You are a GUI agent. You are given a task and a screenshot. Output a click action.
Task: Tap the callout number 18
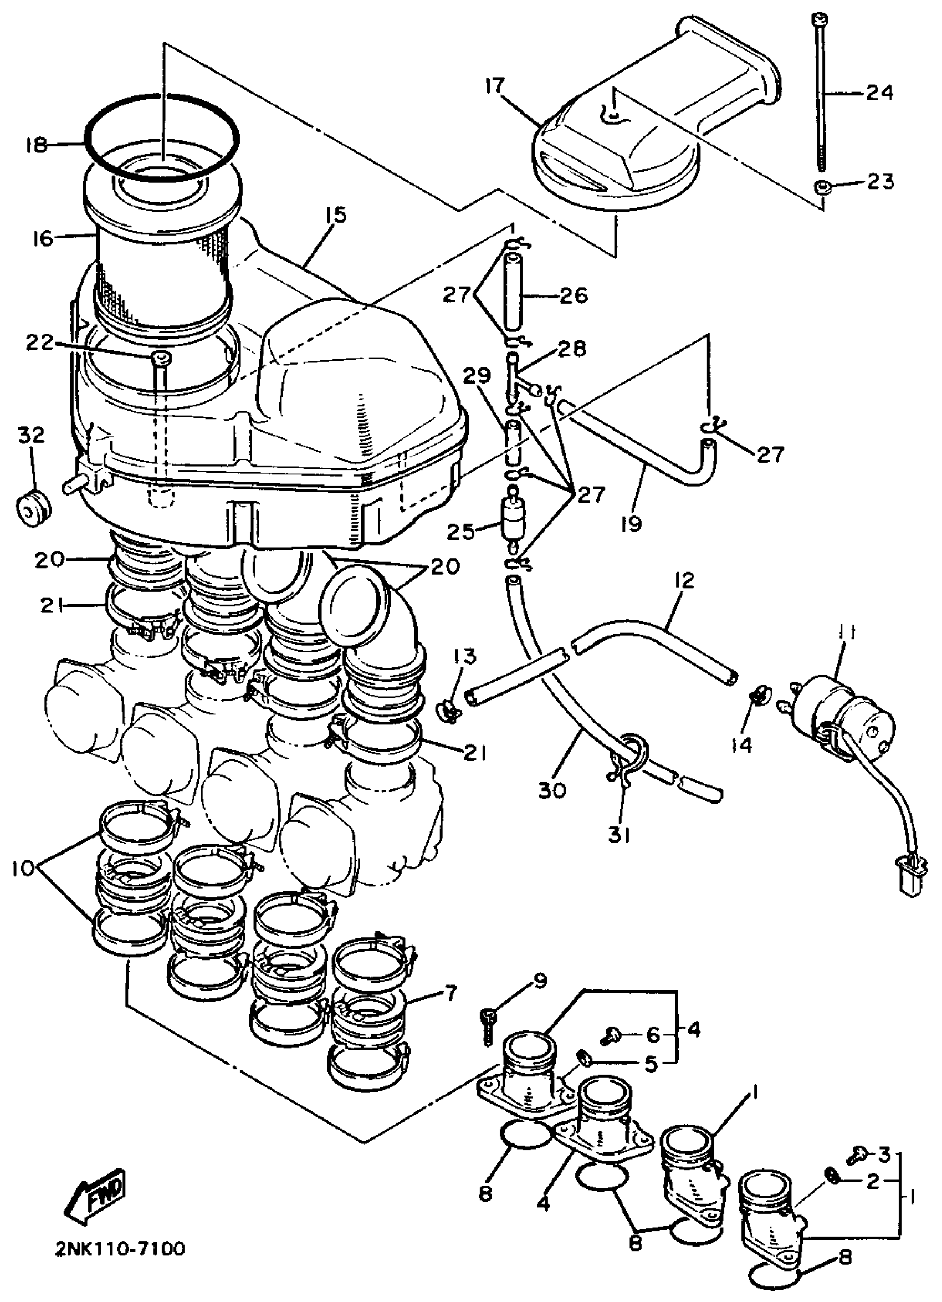pos(35,145)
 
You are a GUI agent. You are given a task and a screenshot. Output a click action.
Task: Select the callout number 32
pos(31,435)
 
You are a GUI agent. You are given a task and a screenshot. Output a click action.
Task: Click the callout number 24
pos(879,92)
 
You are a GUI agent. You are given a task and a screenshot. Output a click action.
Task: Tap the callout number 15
pos(336,216)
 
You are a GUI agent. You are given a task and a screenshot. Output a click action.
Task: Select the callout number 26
pos(572,296)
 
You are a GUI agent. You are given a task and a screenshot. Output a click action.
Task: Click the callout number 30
pos(553,790)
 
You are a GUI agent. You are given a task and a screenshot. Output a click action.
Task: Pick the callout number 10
pos(21,869)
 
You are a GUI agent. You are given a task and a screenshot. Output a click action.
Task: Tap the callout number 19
pos(631,524)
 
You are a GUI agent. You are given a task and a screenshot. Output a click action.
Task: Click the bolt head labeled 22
pos(161,359)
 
